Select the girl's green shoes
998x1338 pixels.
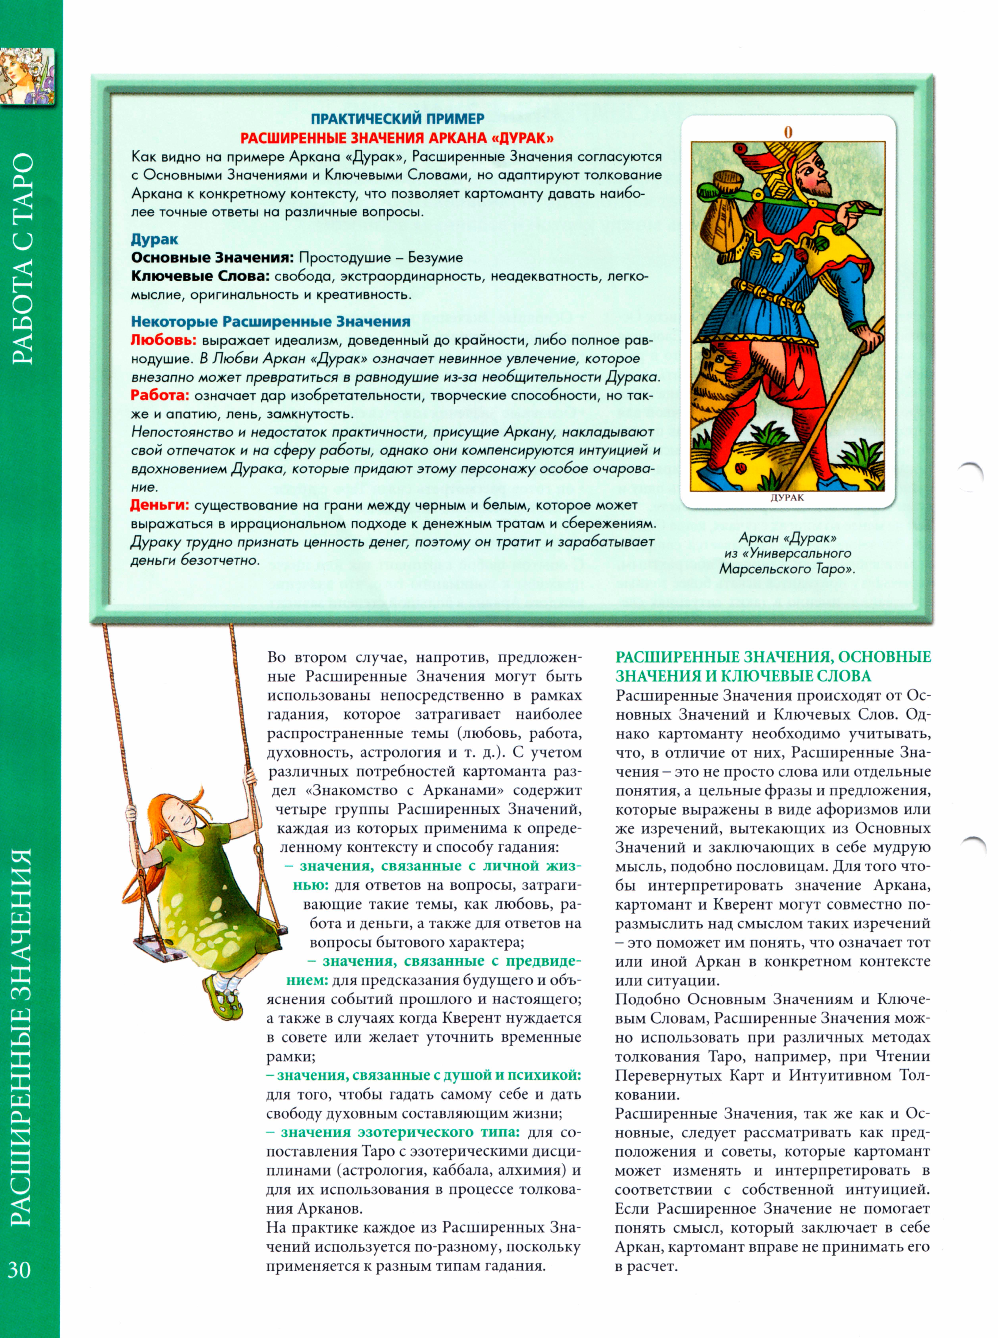[224, 1003]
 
